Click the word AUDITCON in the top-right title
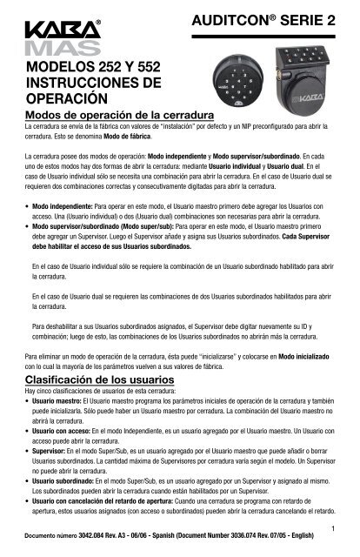[239, 19]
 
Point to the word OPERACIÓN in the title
[66, 99]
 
